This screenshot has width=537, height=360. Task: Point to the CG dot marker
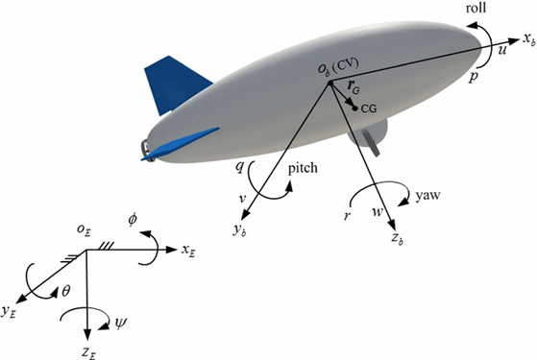click(x=355, y=108)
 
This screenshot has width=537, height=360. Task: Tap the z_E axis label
click(x=87, y=351)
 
